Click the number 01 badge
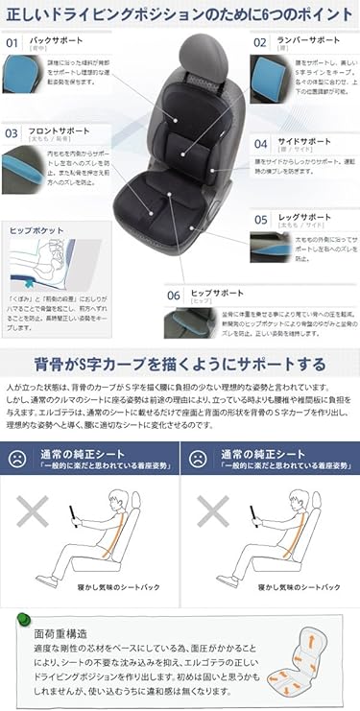click(x=12, y=42)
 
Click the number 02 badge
click(x=259, y=42)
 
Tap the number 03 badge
click(x=12, y=133)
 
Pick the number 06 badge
click(x=174, y=296)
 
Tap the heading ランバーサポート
click(x=308, y=40)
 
